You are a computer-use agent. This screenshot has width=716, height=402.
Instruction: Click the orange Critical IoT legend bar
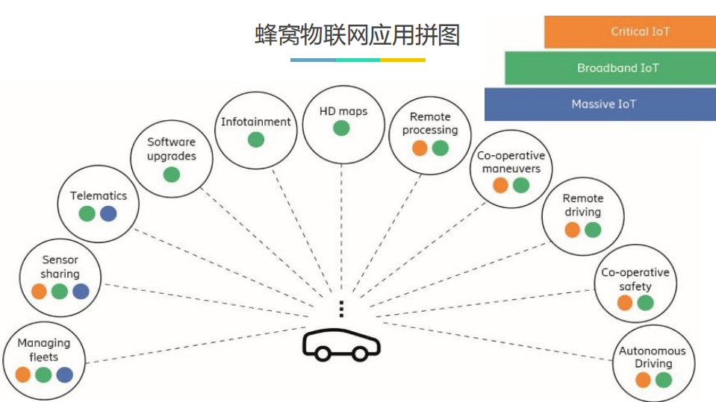[629, 32]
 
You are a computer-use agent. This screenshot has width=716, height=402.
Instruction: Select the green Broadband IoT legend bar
[609, 68]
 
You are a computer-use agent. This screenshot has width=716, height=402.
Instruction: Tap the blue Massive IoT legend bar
[600, 104]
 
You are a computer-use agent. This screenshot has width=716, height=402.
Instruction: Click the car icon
[341, 345]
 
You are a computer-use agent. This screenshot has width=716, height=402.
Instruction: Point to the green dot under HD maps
[341, 128]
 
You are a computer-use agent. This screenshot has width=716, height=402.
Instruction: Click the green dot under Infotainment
[256, 139]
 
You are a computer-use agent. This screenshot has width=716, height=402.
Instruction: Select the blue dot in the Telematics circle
[108, 214]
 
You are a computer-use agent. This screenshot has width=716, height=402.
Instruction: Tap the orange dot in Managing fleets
[23, 374]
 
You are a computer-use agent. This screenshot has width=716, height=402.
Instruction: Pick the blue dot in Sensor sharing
[81, 292]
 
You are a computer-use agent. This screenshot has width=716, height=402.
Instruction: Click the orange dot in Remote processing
[420, 148]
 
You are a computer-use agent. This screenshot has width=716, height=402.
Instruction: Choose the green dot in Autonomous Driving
[664, 380]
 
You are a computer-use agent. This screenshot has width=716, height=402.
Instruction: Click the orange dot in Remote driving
[573, 230]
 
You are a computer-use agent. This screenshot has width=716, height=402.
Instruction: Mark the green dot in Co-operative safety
[646, 303]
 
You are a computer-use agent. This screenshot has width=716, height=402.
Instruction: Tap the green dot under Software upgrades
[172, 175]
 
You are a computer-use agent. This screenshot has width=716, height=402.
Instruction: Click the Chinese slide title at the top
[358, 34]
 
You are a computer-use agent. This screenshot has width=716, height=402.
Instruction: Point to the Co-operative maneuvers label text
[511, 162]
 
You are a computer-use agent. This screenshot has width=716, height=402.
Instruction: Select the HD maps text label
[343, 111]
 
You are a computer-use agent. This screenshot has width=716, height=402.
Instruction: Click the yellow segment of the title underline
[403, 60]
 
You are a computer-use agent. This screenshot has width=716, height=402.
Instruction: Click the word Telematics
[99, 195]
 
